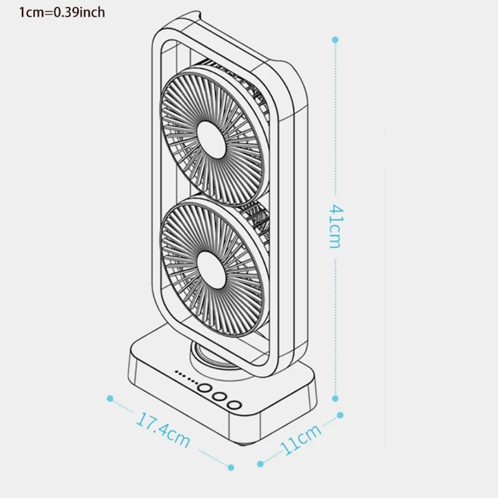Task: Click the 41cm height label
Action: (334, 226)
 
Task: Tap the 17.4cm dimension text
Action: (163, 430)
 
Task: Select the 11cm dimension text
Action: (301, 439)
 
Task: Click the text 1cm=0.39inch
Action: (61, 12)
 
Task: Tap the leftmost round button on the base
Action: (204, 389)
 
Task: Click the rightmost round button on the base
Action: (233, 405)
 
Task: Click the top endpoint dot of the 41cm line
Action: (335, 39)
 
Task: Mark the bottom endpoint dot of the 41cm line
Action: (335, 398)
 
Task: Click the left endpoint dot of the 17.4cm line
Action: (110, 398)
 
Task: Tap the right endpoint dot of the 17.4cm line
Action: (231, 467)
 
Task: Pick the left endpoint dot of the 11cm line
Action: (261, 464)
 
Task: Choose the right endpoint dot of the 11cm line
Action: (340, 414)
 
